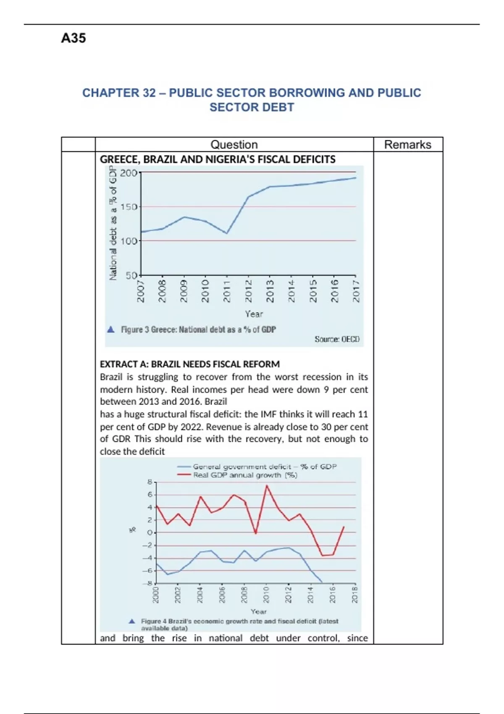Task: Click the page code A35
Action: [x=73, y=38]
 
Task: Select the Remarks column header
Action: [x=407, y=144]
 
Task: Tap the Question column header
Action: [x=234, y=144]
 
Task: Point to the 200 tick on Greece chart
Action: [x=128, y=173]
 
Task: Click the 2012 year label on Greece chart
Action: [x=248, y=291]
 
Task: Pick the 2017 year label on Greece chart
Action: [x=356, y=291]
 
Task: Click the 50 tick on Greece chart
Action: [x=131, y=276]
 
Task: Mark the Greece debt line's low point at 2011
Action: [x=227, y=233]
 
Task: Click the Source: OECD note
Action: [x=337, y=339]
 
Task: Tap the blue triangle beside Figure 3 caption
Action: [x=111, y=330]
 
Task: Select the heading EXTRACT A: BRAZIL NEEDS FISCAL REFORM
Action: [x=189, y=364]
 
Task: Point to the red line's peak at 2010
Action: [x=267, y=486]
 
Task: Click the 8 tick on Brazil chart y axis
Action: [x=150, y=482]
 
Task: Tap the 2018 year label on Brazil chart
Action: [x=355, y=595]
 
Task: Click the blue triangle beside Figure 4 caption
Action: [x=132, y=621]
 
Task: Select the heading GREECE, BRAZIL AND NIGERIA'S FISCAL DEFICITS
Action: [x=218, y=160]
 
